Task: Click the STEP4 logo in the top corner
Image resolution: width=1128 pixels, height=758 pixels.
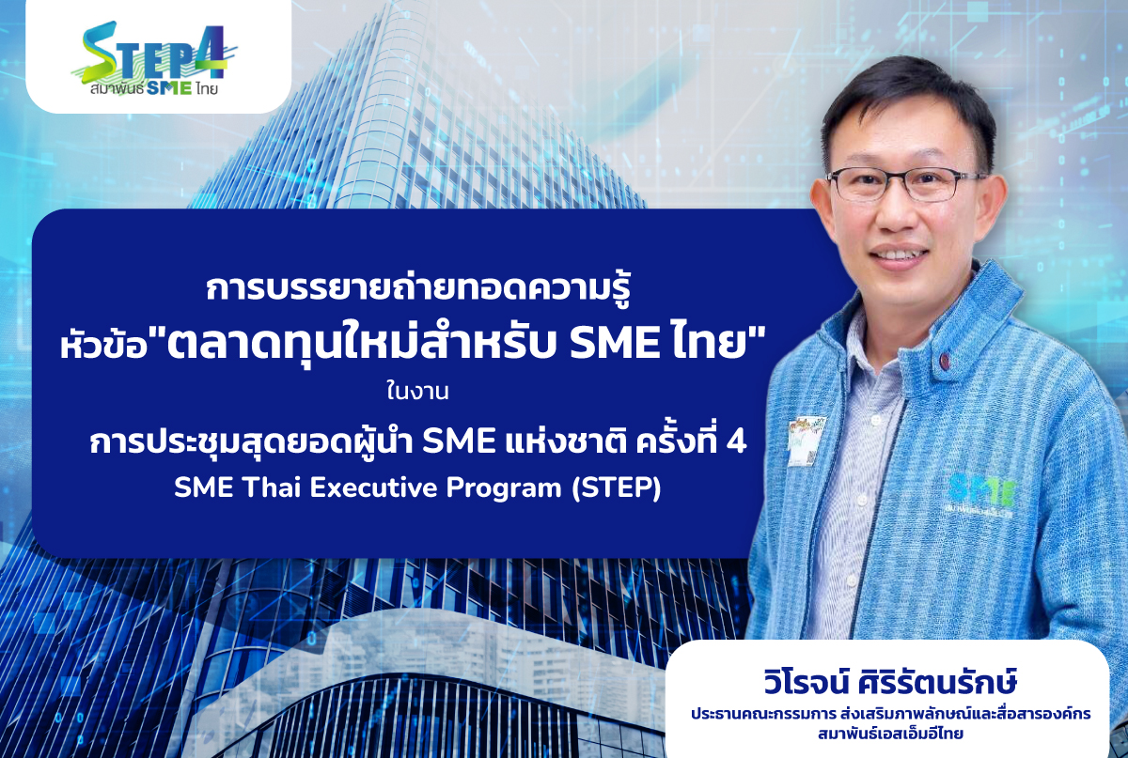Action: pyautogui.click(x=154, y=58)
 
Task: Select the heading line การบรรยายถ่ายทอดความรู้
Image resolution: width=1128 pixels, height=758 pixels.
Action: pyautogui.click(x=418, y=290)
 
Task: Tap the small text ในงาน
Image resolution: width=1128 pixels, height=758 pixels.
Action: pyautogui.click(x=417, y=392)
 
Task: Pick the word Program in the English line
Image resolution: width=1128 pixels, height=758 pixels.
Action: pyautogui.click(x=504, y=489)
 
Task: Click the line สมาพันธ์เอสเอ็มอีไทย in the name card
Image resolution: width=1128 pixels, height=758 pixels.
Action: pyautogui.click(x=891, y=734)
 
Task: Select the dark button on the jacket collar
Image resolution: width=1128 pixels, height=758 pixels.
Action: pyautogui.click(x=945, y=360)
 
